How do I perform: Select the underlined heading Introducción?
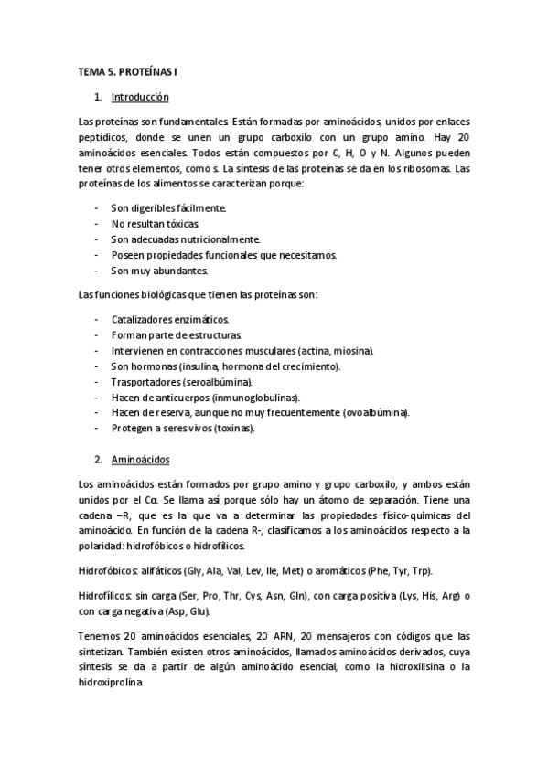[x=139, y=97]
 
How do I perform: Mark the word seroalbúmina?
[x=217, y=381]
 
